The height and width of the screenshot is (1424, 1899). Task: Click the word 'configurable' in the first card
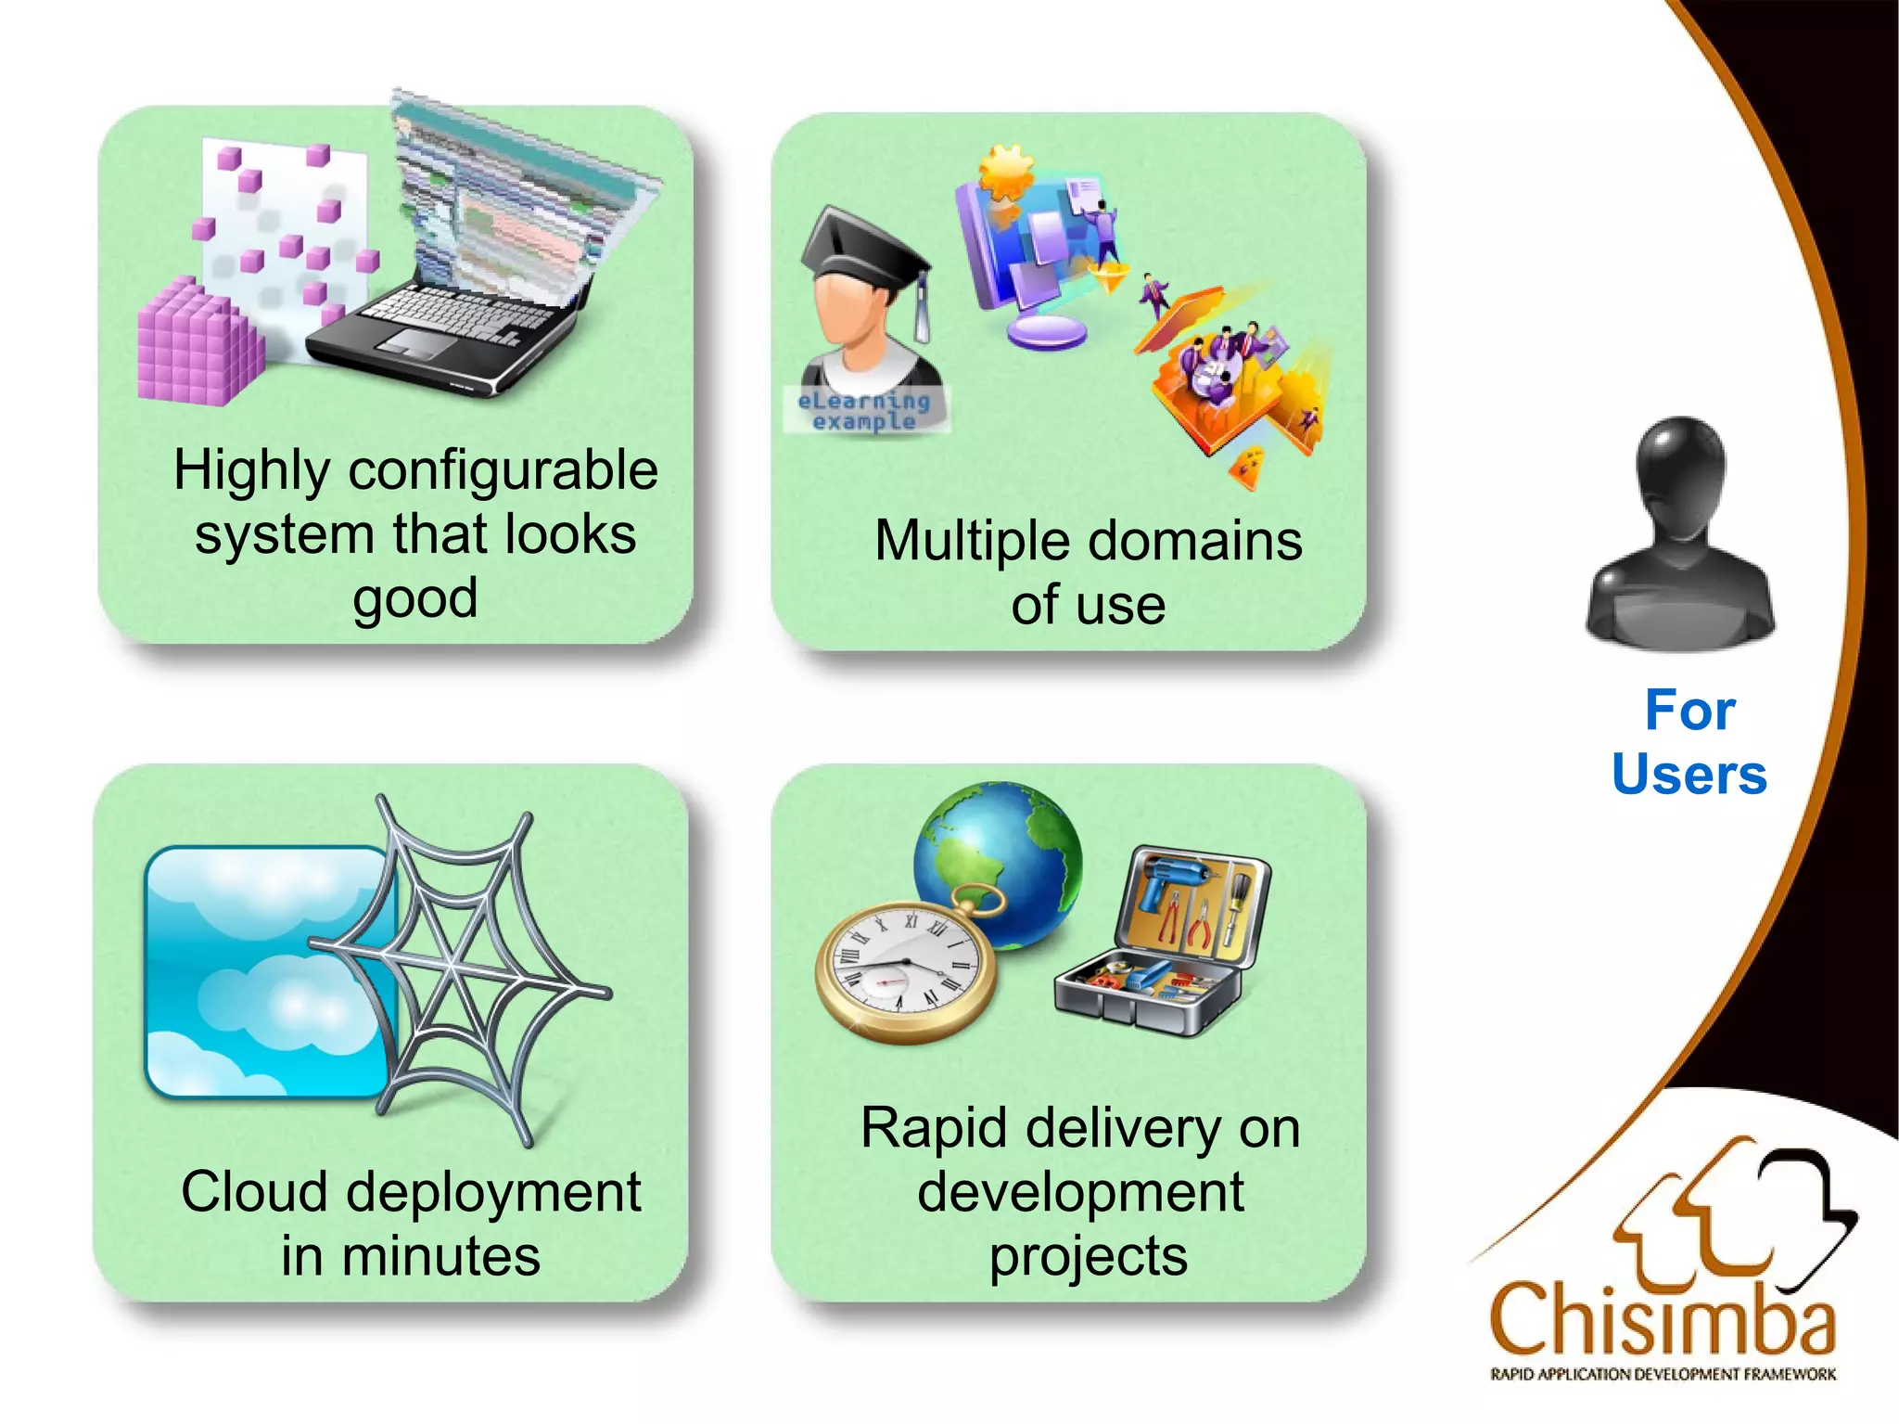point(503,470)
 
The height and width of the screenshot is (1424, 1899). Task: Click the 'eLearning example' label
point(864,411)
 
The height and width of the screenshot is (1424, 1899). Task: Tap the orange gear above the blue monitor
point(1005,172)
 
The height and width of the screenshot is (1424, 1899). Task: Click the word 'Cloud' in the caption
point(254,1192)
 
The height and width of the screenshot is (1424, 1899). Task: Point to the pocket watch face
point(905,969)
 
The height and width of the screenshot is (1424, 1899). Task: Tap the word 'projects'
point(1088,1256)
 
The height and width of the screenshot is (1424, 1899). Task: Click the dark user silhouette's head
point(1680,473)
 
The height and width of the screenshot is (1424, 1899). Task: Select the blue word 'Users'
point(1689,775)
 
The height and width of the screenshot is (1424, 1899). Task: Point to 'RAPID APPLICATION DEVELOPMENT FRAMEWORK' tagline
point(1662,1374)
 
